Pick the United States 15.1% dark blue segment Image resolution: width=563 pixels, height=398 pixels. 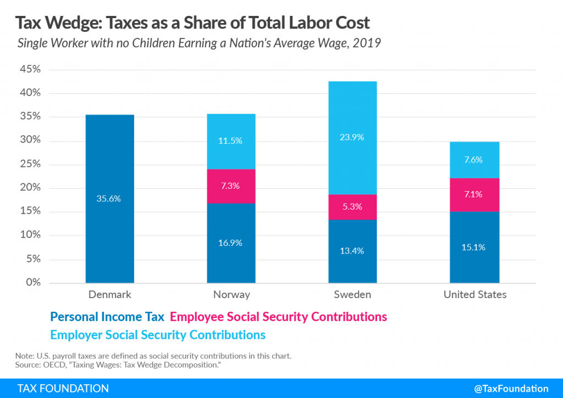(474, 247)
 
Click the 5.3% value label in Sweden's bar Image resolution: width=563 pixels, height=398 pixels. (352, 207)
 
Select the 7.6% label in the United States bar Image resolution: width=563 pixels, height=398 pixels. (474, 160)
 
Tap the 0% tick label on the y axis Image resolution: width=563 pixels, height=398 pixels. (33, 282)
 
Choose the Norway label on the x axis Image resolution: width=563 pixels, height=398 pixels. (231, 295)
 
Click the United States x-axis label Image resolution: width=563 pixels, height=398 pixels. (474, 295)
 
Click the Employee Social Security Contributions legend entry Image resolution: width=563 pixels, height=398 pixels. (278, 317)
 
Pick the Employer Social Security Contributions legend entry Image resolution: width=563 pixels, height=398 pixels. (158, 334)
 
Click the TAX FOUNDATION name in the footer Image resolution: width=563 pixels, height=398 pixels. (63, 388)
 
